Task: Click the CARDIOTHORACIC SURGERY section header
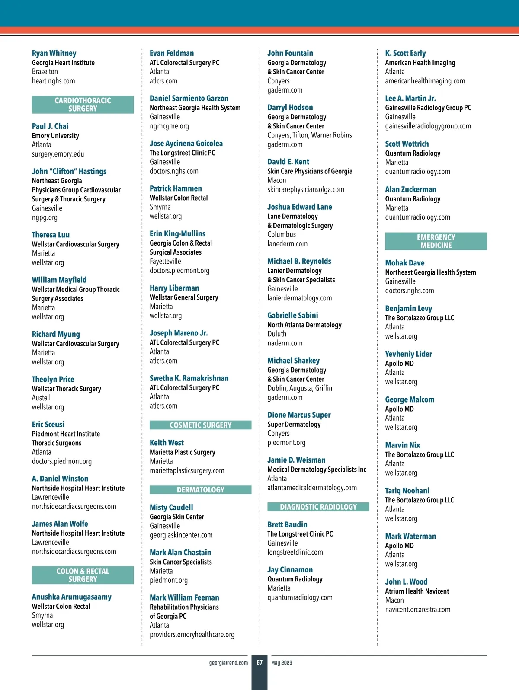pos(83,105)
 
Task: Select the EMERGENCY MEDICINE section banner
pos(436,241)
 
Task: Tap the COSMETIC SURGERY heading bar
pos(200,425)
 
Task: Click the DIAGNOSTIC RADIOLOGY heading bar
pos(318,507)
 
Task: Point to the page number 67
pos(259,663)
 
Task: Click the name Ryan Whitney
pos(54,53)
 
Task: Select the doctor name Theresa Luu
pos(51,235)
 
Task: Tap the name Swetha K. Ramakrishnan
pos(189,378)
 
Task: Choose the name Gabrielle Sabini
pos(292,316)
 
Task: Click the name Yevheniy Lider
pos(408,354)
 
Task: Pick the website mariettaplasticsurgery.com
pos(187,470)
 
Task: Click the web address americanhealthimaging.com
pos(425,81)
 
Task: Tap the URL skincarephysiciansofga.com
pos(305,189)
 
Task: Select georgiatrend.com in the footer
pos(228,663)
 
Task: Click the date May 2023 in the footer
pos(282,663)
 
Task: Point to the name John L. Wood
pos(406,582)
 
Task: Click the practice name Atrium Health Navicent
pos(417,591)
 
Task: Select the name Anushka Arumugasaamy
pos(71,597)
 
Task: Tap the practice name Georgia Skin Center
pos(176,517)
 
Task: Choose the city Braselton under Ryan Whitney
pos(45,72)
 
